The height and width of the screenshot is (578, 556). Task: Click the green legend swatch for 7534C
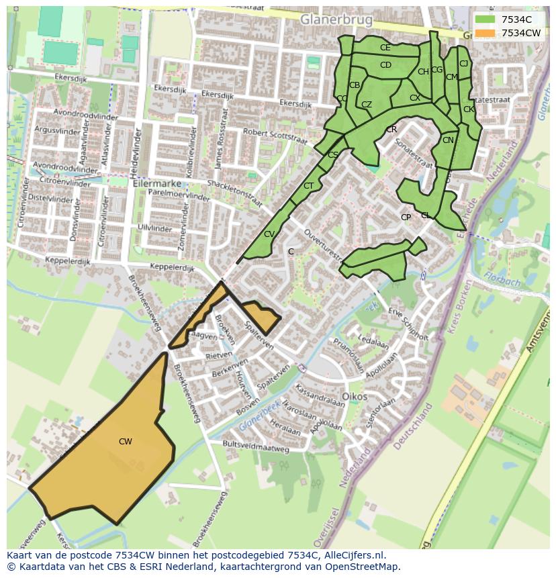tap(484, 19)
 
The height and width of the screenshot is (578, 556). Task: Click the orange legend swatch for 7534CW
tap(484, 33)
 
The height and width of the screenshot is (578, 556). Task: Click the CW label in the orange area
tap(125, 442)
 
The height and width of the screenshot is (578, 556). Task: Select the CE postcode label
tap(385, 48)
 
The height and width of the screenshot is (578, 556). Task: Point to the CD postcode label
tap(385, 65)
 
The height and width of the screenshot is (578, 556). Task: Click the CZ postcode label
tap(366, 105)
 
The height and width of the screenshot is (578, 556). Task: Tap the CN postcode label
tap(448, 140)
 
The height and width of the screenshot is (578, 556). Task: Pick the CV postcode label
tap(269, 234)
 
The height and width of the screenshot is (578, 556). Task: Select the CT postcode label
tap(308, 186)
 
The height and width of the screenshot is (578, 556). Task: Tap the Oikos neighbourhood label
tap(354, 397)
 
